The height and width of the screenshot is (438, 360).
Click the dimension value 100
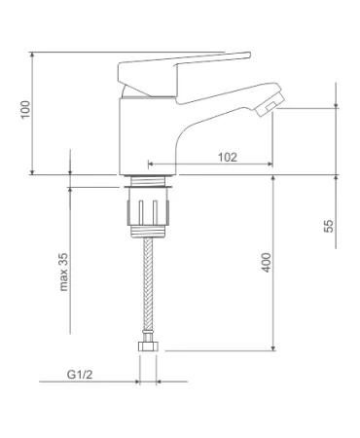click(x=25, y=110)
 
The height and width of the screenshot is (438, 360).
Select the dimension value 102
click(x=228, y=157)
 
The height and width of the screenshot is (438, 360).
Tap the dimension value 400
click(x=266, y=262)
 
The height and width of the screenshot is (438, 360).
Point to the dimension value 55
click(x=328, y=226)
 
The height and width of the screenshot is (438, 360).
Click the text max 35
click(x=63, y=272)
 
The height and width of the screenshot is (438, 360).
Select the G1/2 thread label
click(x=80, y=375)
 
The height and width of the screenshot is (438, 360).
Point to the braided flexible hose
click(x=148, y=284)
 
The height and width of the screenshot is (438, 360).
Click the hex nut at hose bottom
click(x=148, y=347)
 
